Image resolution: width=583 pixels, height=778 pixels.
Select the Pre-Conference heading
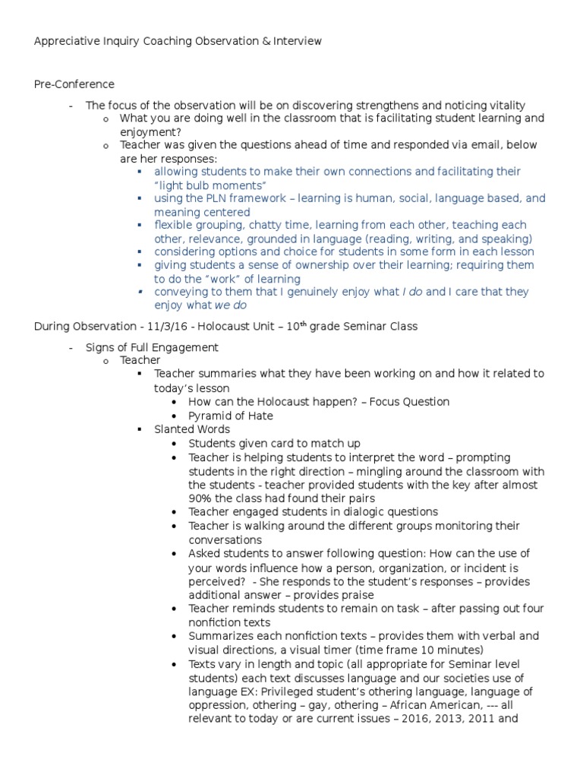click(74, 84)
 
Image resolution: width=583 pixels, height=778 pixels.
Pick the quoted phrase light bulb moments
click(210, 185)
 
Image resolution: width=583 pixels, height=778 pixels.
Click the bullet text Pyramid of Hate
click(231, 416)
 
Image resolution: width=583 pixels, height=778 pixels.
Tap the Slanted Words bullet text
click(191, 429)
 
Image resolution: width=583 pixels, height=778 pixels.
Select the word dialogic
click(358, 512)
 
